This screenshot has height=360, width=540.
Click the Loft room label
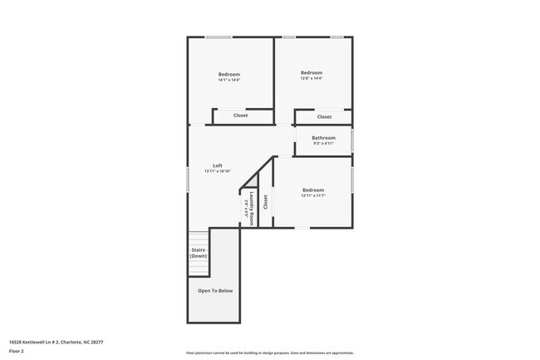coord(217,165)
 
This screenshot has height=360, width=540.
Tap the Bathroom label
coord(323,138)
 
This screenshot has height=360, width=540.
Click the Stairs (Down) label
coord(199,253)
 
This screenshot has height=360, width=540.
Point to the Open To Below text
coord(215,291)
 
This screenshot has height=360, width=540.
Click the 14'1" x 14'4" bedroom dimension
coord(228,81)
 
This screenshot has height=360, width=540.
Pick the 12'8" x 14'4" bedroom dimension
coord(311,79)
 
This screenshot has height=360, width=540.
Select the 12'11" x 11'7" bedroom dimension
coord(312,195)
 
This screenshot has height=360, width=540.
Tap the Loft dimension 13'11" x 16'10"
coord(217,171)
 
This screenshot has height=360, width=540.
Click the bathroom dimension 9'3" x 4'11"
coord(323,144)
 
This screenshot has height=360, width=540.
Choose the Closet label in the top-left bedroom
coord(240,116)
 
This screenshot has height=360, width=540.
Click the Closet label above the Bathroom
coord(324,117)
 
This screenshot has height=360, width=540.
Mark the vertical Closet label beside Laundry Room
coord(266,201)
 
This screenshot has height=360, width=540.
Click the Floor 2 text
coord(17,351)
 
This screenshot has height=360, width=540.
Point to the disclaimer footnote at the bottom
coord(269,353)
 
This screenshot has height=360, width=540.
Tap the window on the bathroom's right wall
coord(352,139)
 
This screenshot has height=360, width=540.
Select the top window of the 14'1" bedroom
coord(218,37)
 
